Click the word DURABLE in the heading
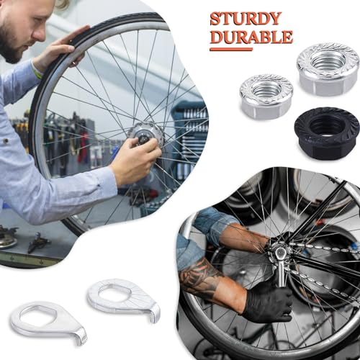tap(251, 36)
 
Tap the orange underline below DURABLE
tap(230, 49)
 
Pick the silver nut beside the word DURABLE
tap(328, 68)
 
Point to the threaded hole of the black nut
tap(327, 127)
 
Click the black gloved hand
tap(267, 301)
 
